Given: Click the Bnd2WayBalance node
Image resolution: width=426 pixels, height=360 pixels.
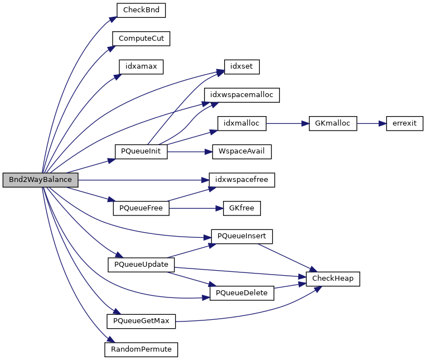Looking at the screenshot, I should [40, 180].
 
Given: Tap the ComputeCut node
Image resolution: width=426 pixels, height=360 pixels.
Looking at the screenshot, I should [141, 39].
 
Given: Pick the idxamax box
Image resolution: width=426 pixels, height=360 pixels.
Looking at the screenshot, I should [141, 66].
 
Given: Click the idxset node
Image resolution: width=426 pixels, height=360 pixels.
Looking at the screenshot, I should [241, 66].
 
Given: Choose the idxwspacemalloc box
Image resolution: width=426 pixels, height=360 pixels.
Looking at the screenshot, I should [241, 95].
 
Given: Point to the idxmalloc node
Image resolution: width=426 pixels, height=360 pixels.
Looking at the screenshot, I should [241, 123].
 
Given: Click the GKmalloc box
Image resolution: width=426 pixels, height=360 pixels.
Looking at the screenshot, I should [333, 123].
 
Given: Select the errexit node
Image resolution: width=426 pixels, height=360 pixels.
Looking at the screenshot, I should [405, 123].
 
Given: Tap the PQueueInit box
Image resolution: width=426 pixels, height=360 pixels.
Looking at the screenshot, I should [141, 152].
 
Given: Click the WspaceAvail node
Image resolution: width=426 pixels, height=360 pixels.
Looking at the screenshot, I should [241, 151].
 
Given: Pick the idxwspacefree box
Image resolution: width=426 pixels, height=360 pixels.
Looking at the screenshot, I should [242, 180].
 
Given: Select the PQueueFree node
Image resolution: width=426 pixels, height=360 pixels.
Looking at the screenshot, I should [141, 208].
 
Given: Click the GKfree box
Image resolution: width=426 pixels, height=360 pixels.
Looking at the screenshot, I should [241, 208].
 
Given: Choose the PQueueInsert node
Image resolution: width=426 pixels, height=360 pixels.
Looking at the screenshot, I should [241, 236].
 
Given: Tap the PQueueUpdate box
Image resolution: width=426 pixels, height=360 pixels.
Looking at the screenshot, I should [141, 263].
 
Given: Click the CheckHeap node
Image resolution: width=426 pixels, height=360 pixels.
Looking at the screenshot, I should [333, 278].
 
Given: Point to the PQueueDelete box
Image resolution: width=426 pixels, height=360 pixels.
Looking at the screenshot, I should [241, 292].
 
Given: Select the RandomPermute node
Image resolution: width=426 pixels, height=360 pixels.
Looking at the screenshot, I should [141, 349].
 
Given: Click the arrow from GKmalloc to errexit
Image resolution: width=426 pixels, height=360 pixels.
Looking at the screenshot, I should [371, 123].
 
